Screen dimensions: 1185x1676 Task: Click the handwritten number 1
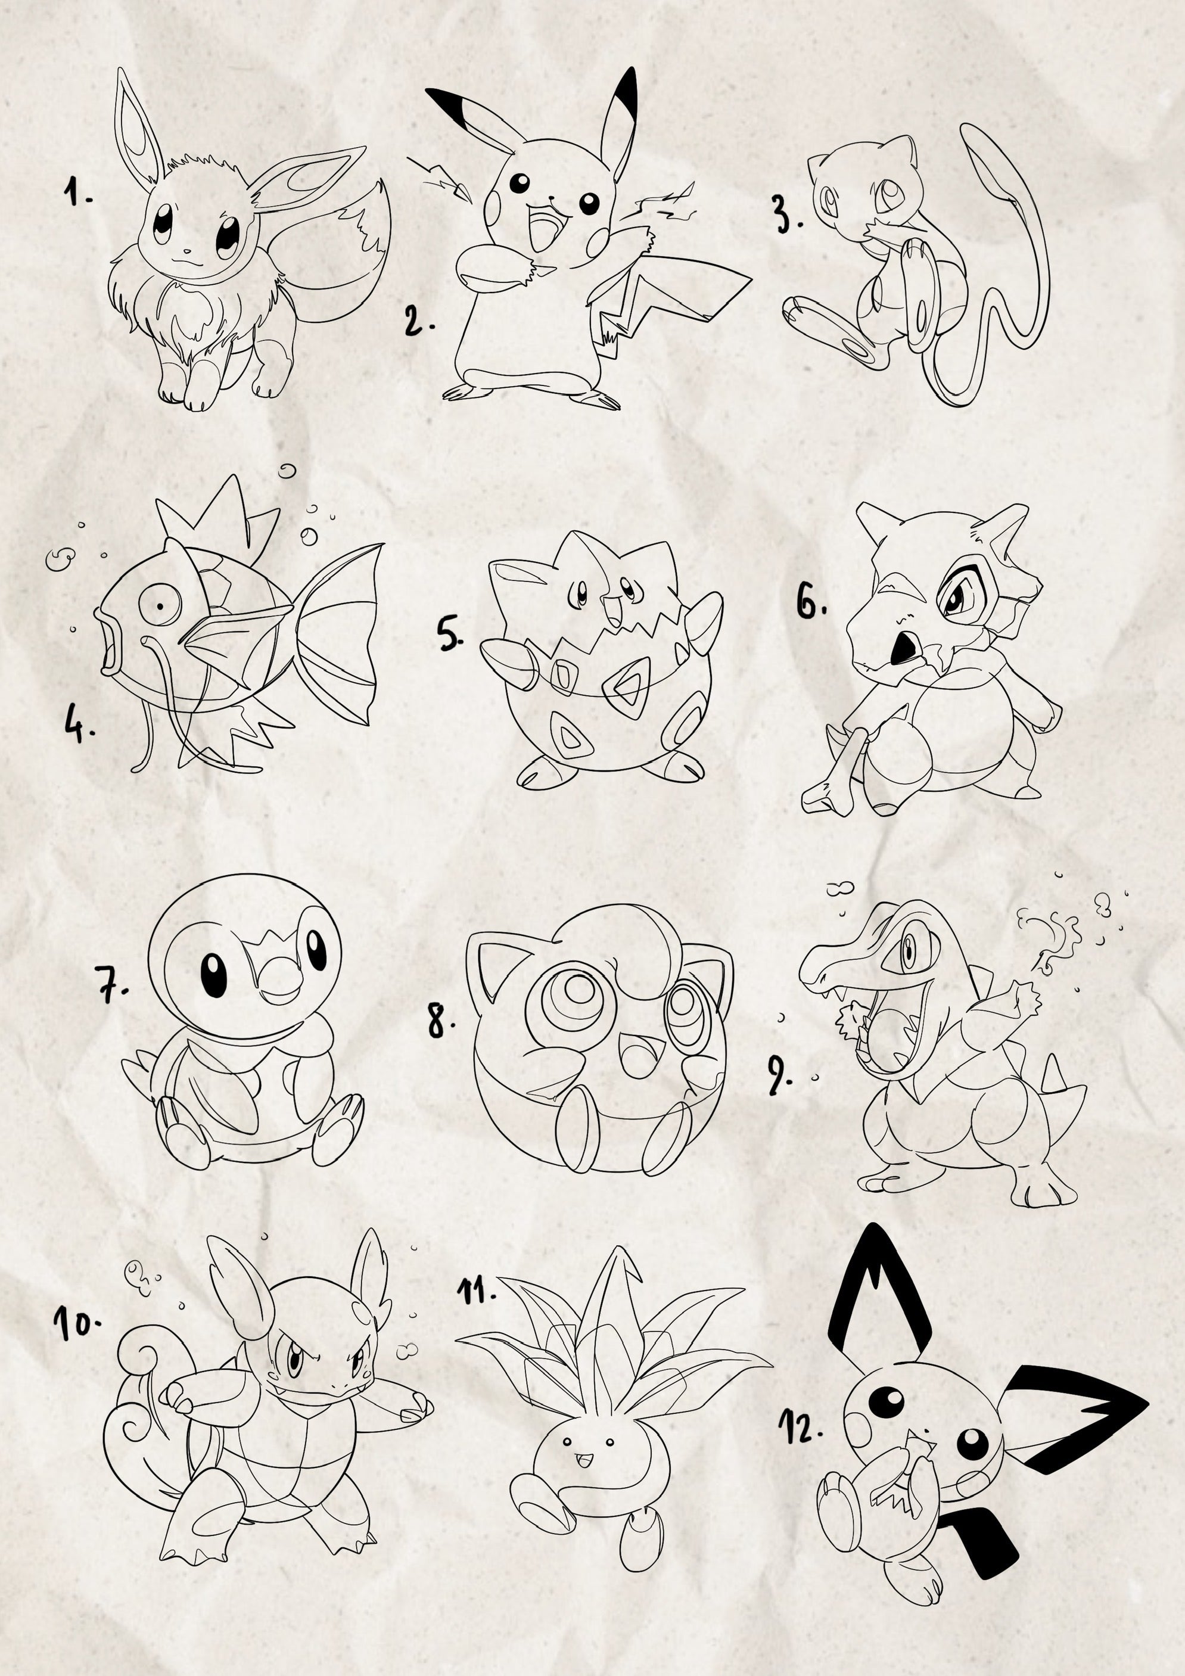[x=75, y=194]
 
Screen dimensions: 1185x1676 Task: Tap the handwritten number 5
[x=449, y=633]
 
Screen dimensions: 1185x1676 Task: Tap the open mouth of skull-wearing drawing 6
[x=904, y=647]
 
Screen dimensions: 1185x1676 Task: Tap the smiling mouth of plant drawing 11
[x=583, y=1456]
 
